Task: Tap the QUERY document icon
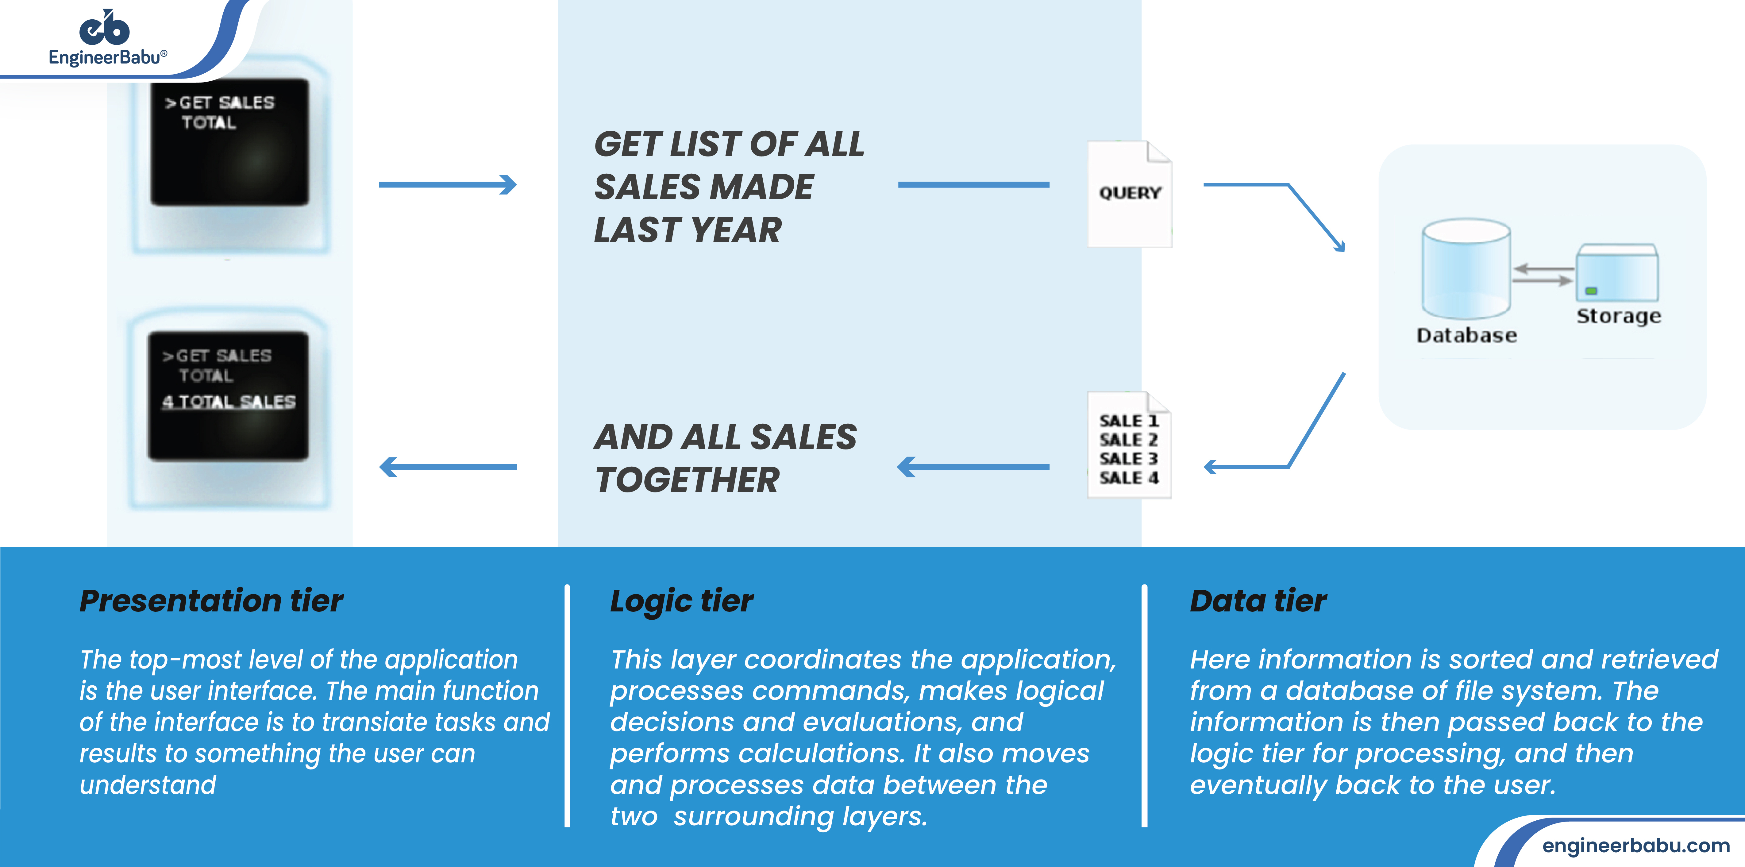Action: [1129, 194]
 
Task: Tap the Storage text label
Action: [1618, 316]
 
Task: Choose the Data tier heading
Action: [1258, 601]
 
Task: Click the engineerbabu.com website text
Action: [1635, 845]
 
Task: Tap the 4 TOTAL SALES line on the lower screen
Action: [229, 402]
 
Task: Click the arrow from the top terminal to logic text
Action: [447, 184]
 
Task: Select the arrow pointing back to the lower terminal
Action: [447, 467]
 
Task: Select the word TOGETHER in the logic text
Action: [687, 480]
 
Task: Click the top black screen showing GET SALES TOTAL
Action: [229, 142]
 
